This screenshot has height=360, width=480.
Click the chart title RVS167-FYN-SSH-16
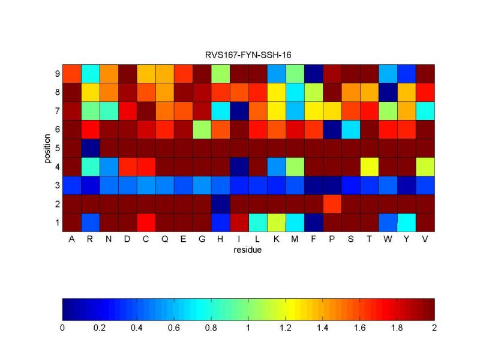[248, 55]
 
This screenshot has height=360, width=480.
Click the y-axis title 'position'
[47, 148]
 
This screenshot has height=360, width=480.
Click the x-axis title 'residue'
[248, 250]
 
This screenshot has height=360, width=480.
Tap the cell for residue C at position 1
[146, 223]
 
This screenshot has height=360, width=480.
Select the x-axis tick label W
[388, 239]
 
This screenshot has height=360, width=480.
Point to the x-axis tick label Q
[164, 239]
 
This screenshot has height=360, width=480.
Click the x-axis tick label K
[276, 239]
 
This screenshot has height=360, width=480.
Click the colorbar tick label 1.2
[286, 328]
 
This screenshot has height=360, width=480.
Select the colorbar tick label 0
[62, 328]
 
